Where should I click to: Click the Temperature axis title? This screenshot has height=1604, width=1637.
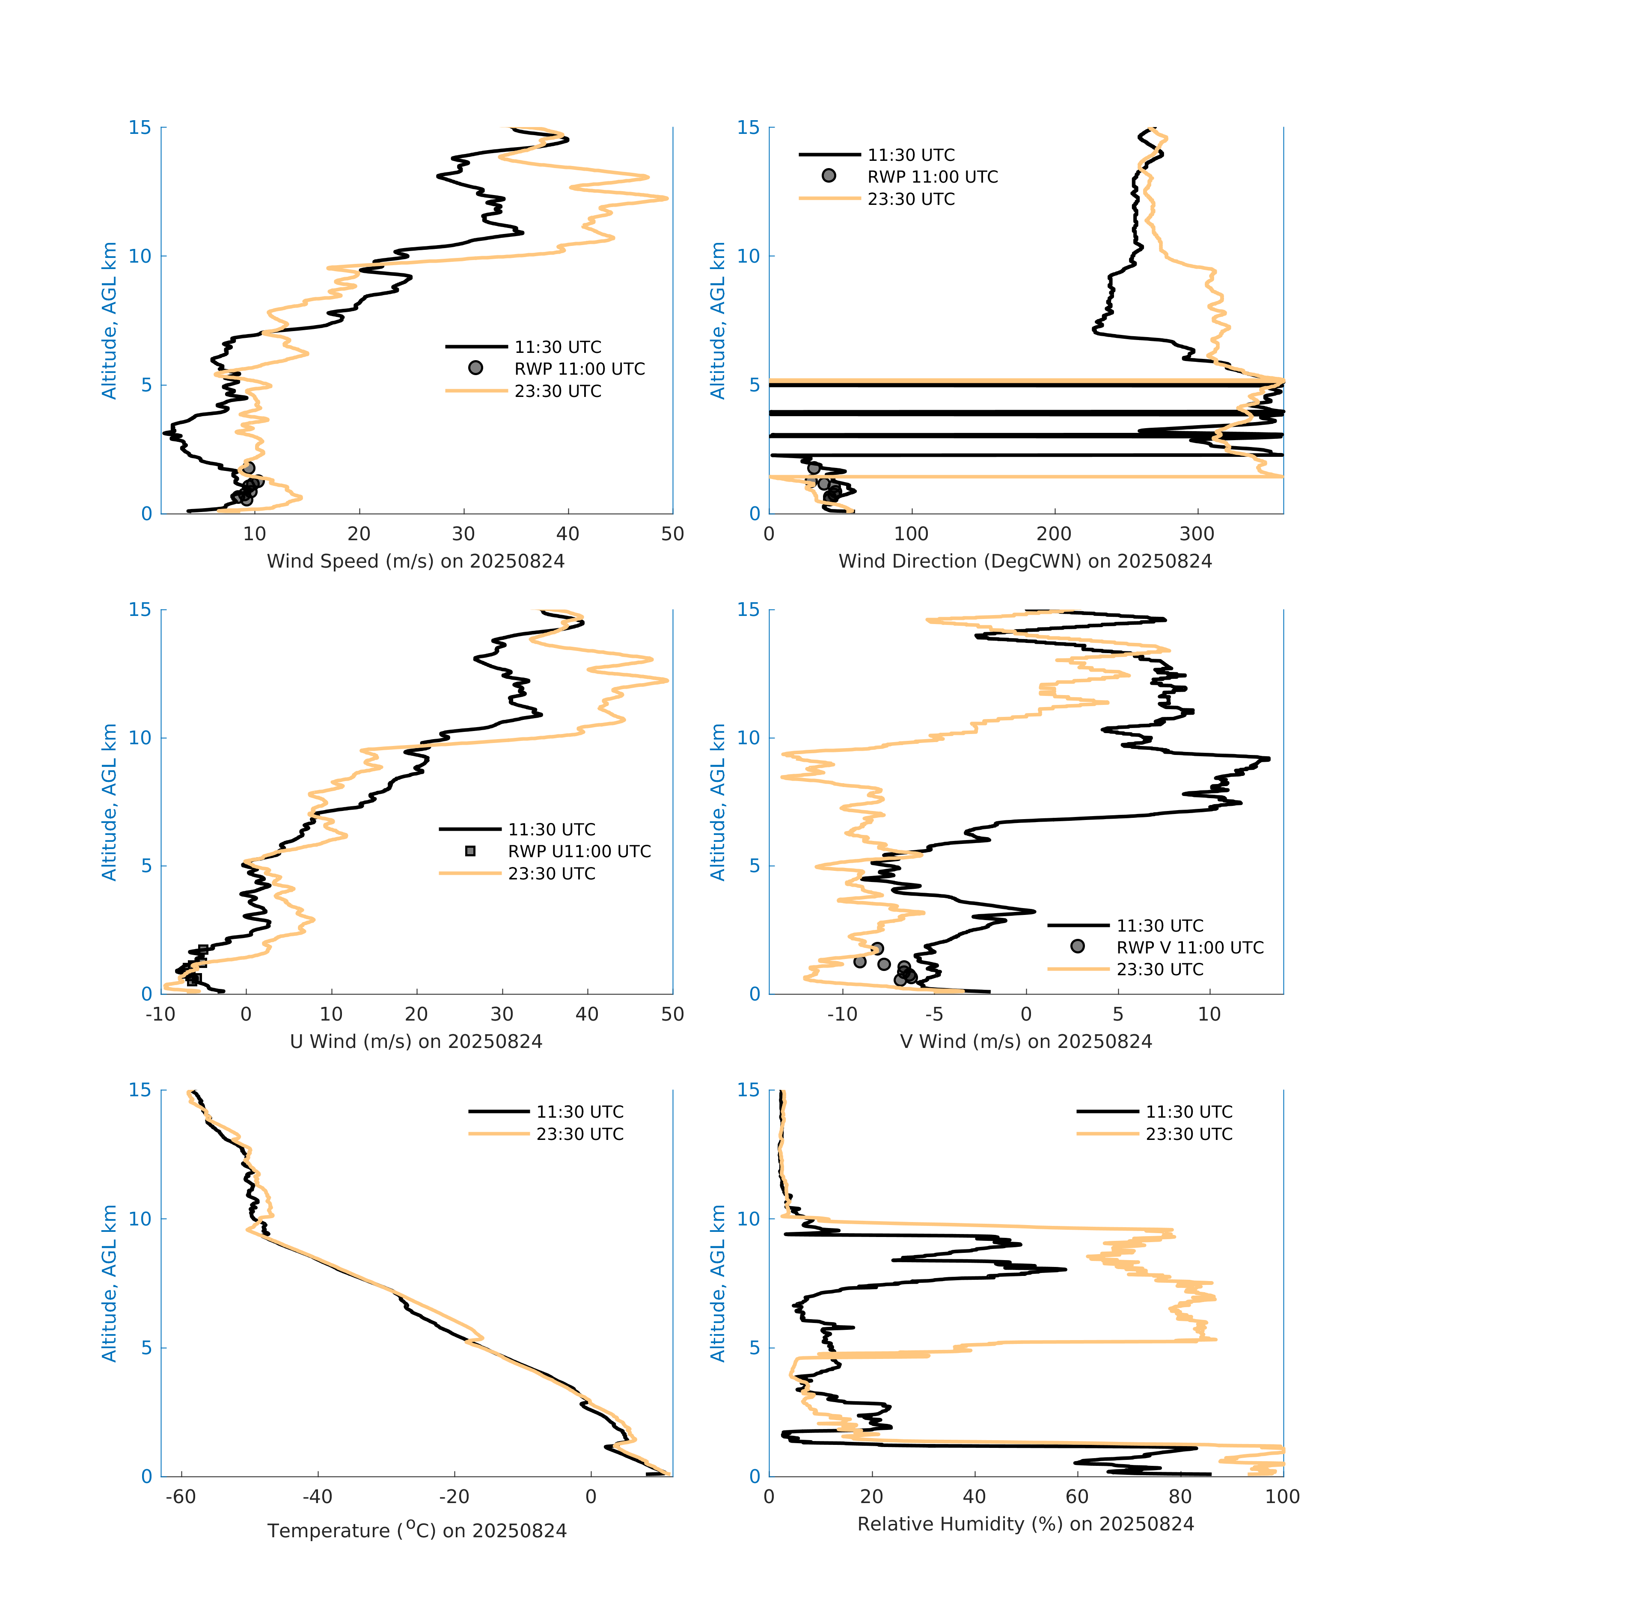(x=416, y=1531)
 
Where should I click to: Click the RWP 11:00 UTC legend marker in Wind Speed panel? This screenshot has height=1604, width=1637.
(x=475, y=368)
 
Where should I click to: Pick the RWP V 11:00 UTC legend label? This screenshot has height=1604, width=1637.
(x=1189, y=948)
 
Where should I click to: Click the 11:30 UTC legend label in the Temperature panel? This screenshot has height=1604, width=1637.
(x=580, y=1112)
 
